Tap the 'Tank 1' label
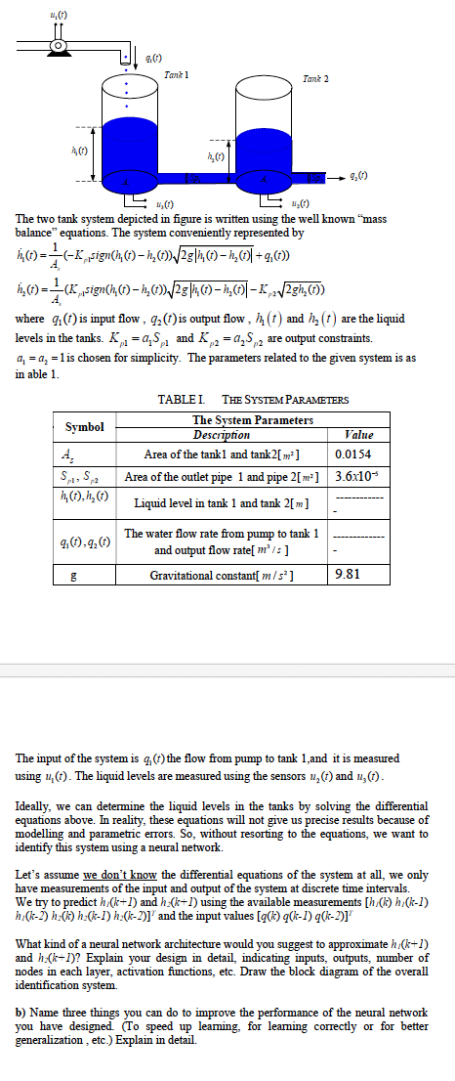click(177, 75)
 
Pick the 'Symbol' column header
click(86, 427)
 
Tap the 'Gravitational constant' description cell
click(224, 575)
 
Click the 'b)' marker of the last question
click(21, 1013)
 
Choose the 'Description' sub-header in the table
click(224, 434)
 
